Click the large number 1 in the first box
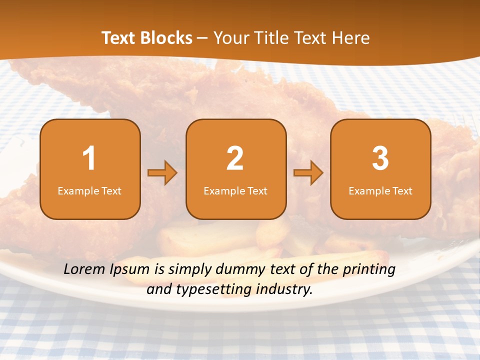[89, 158]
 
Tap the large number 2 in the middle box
[235, 158]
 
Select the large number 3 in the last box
[380, 158]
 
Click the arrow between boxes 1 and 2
[162, 173]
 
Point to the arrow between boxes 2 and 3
[308, 173]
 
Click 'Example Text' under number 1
[89, 190]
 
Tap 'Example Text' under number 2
[235, 190]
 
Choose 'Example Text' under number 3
[380, 190]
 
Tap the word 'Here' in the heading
[351, 38]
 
